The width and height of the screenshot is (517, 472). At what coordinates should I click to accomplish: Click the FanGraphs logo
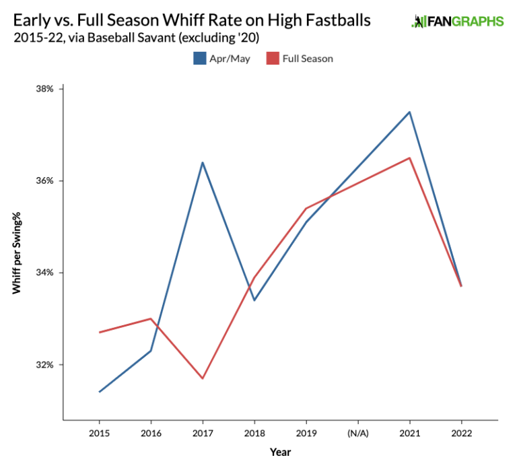(x=457, y=22)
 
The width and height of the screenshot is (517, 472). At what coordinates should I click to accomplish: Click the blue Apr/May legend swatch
(x=199, y=59)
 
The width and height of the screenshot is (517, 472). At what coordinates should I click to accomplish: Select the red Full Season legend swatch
(x=273, y=59)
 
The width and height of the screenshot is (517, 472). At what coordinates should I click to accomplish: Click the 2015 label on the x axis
(x=99, y=433)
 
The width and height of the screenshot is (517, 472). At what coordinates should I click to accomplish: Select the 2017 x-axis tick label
(x=203, y=433)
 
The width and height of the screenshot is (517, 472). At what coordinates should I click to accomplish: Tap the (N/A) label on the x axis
(x=357, y=433)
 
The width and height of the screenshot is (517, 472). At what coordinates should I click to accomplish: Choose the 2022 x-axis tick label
(x=461, y=433)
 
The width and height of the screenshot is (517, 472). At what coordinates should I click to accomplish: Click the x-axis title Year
(x=280, y=452)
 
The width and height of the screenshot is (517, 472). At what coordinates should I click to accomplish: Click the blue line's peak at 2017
(x=203, y=162)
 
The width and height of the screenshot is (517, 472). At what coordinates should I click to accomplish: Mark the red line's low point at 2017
(x=203, y=378)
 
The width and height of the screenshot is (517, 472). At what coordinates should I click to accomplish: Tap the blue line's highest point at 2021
(x=409, y=112)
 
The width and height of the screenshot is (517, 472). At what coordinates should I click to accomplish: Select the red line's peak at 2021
(x=409, y=158)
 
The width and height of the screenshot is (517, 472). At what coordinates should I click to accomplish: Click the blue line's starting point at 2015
(x=100, y=392)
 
